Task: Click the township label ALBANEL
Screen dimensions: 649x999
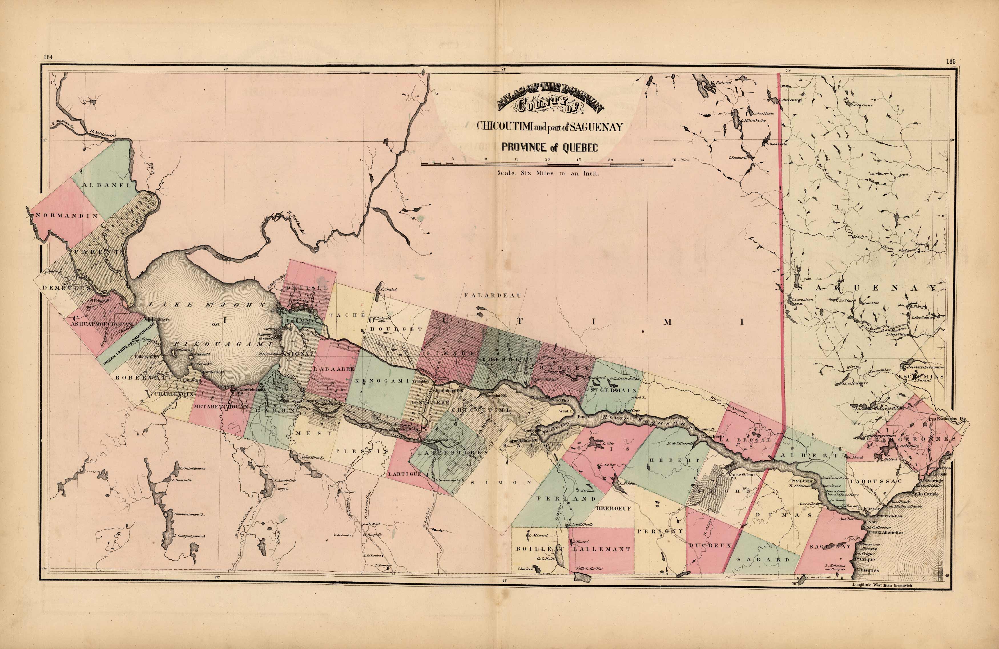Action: (107, 185)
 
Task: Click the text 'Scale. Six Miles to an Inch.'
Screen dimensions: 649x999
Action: (548, 173)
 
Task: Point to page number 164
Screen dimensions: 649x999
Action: (47, 58)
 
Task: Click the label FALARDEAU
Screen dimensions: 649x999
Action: (493, 296)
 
